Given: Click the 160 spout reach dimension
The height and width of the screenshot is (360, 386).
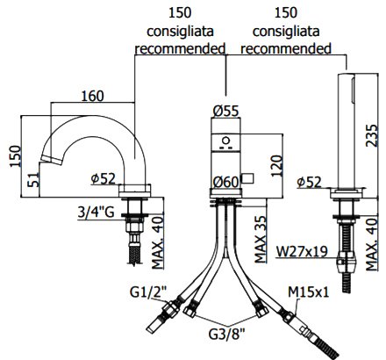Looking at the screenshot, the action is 92,96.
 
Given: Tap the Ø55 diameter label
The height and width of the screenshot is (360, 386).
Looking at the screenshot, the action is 225,112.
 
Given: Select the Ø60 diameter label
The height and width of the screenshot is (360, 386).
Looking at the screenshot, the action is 225,183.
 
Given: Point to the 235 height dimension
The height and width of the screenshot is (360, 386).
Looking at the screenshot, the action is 372,135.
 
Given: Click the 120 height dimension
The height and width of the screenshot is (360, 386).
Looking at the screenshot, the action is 276,166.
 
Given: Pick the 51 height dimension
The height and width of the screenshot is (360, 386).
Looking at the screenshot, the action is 33,180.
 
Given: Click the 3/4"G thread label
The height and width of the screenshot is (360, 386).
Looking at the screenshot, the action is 96,212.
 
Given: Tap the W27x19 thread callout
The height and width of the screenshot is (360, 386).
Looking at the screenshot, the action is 302,251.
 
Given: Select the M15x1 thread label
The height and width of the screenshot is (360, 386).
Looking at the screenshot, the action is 309,292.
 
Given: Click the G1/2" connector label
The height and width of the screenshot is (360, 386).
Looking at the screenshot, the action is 148,292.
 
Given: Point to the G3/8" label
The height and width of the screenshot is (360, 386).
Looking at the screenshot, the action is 226,334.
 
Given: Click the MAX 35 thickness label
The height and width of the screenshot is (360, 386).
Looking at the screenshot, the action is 261,240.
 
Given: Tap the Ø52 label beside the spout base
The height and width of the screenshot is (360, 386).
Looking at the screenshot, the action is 104,179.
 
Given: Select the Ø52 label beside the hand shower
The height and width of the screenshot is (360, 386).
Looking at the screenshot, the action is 309,183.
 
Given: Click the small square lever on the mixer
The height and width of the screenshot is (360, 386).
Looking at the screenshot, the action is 247,178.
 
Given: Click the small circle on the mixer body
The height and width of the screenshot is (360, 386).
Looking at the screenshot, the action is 225,140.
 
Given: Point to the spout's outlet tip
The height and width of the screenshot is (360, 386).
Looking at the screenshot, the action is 52,161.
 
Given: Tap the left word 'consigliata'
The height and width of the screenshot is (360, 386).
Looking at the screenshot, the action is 180,32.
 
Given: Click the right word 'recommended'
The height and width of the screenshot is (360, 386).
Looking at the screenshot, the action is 286,48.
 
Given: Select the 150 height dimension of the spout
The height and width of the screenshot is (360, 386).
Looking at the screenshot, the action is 16,156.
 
